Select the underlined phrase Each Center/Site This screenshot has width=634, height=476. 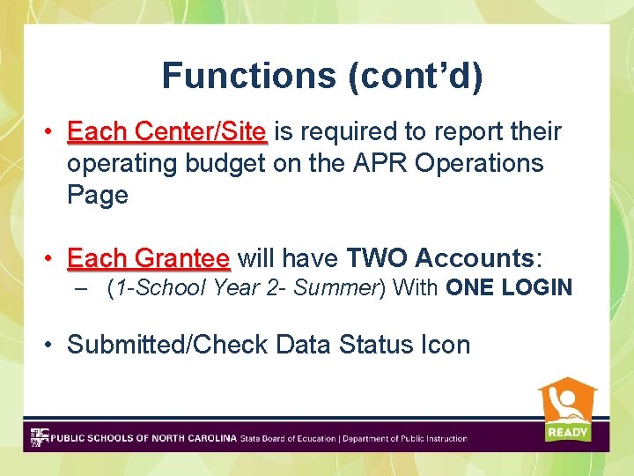[166, 132]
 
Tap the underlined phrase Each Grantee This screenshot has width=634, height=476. [148, 258]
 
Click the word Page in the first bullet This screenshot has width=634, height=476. [98, 195]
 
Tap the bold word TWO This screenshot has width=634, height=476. [377, 258]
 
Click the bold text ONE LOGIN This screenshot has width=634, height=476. [509, 287]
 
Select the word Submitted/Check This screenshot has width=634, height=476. [167, 345]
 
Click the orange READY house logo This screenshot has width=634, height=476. [567, 410]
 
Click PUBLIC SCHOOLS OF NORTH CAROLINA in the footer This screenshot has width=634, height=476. [144, 438]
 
